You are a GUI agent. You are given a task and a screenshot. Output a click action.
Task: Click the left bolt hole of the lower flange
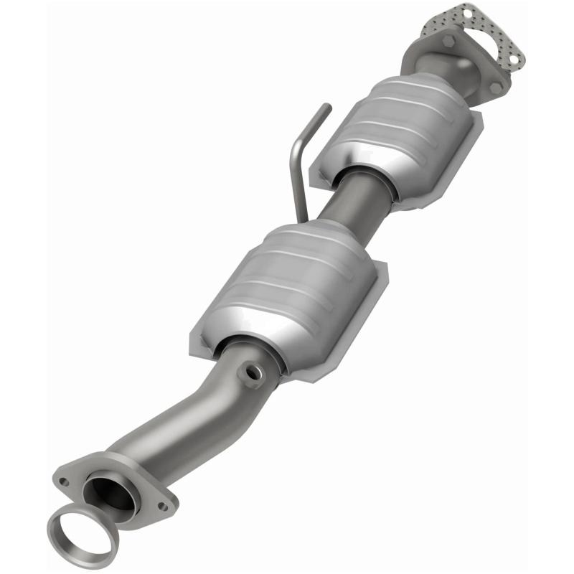(x=64, y=481)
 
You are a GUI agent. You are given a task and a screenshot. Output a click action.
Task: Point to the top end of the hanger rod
(x=327, y=108)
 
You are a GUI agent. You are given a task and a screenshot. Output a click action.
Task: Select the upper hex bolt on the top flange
(x=449, y=41)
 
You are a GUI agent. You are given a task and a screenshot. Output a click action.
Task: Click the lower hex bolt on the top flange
(x=495, y=88)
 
